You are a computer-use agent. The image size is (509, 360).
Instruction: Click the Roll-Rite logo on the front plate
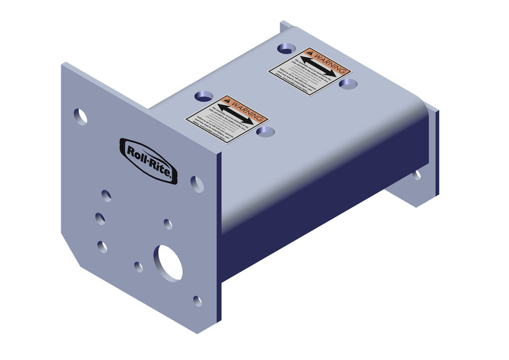click(149, 161)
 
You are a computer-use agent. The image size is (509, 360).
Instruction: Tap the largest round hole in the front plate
click(169, 262)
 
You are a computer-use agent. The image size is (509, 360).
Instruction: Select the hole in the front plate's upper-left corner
click(81, 116)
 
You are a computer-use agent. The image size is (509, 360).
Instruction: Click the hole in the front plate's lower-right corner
click(197, 301)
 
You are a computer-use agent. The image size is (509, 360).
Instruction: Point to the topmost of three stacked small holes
click(106, 195)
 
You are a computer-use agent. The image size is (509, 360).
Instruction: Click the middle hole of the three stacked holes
click(100, 219)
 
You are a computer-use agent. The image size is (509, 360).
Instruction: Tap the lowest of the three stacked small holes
click(102, 246)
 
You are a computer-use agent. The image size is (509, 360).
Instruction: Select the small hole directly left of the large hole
click(138, 267)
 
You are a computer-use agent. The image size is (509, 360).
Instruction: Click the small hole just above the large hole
click(168, 224)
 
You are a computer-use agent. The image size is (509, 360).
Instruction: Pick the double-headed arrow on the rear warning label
click(318, 67)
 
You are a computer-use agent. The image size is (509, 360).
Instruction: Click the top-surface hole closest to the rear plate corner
click(286, 48)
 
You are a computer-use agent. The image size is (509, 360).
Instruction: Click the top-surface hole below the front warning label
click(266, 131)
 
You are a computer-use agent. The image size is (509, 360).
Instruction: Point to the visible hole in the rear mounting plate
click(417, 175)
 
